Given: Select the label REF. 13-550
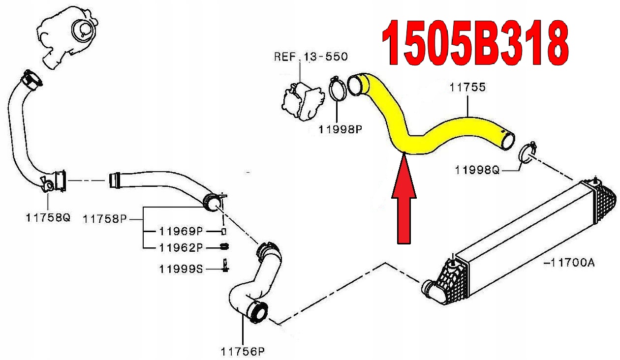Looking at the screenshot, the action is [310, 56].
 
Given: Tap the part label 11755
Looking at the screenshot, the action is [467, 88].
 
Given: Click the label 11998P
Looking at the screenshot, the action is [340, 130].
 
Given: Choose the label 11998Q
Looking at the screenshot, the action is [477, 170].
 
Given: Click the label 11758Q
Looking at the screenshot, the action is [48, 217].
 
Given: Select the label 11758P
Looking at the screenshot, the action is [105, 218].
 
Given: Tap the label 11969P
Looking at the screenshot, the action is [181, 231].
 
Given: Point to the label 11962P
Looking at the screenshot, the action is [181, 247].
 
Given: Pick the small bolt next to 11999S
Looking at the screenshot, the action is [224, 265].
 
